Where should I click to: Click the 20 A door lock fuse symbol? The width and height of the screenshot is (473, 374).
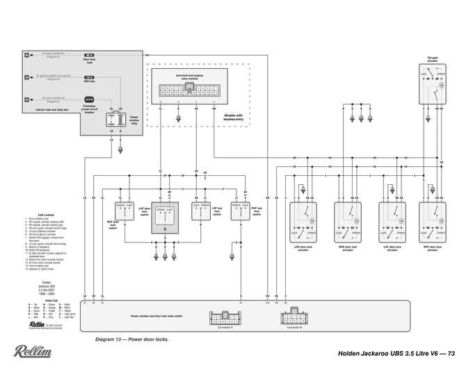tap(89, 54)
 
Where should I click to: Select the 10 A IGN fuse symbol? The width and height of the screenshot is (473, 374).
tap(89, 77)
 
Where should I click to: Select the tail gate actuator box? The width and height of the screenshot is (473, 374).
tap(432, 86)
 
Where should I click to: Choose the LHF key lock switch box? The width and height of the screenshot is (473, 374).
tap(200, 211)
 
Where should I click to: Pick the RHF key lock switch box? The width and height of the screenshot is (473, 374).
tap(240, 211)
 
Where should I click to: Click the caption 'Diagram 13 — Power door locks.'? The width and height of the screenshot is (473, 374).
tap(132, 341)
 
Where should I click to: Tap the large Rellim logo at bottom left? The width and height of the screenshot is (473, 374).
tap(31, 351)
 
